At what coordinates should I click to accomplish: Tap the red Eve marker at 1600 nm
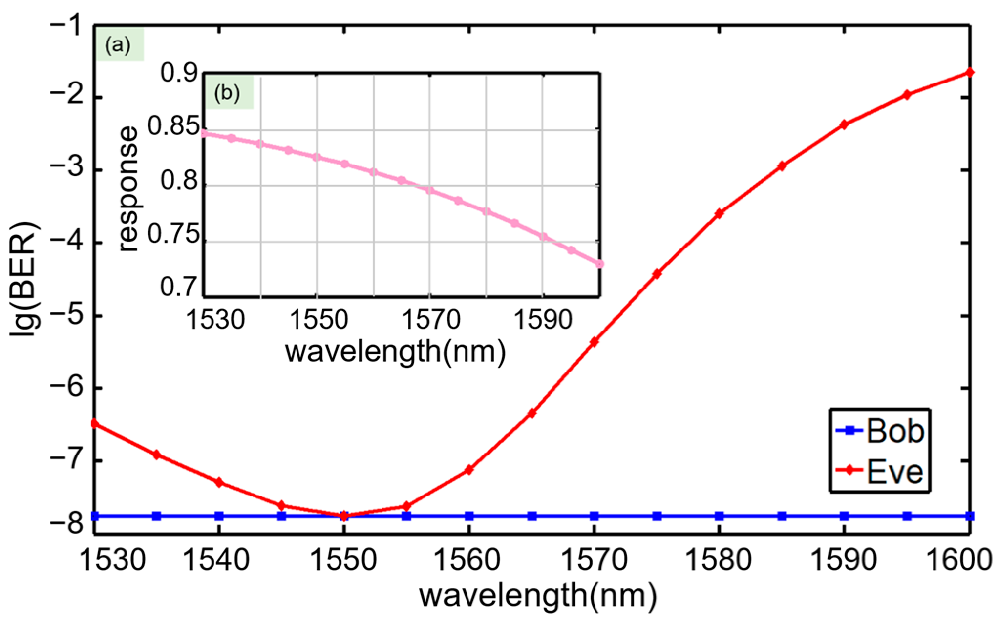970,73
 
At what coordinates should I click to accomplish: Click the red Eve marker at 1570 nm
594,342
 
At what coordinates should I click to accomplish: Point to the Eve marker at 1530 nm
95,424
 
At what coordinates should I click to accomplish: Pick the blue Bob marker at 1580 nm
719,516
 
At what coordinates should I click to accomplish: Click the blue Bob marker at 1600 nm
970,516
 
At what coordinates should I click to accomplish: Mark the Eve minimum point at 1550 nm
344,516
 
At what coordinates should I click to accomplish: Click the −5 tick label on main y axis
67,315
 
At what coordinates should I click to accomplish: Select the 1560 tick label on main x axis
468,559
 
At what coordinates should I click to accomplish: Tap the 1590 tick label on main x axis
844,559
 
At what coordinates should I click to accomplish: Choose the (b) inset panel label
228,93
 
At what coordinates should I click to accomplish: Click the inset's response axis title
128,189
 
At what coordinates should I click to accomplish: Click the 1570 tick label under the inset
430,321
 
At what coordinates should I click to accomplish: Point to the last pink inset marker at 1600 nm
599,264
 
